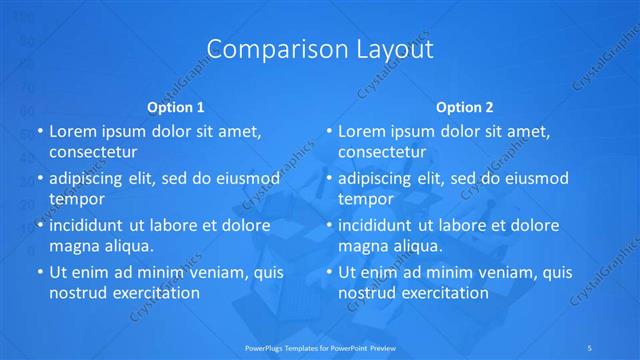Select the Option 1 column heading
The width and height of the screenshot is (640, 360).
176,107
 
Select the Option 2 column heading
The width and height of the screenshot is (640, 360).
465,107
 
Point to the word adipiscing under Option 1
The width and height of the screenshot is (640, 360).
91,179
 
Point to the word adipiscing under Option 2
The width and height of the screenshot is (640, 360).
381,179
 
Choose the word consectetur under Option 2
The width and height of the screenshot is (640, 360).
382,152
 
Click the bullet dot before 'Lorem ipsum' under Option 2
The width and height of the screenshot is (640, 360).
329,132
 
